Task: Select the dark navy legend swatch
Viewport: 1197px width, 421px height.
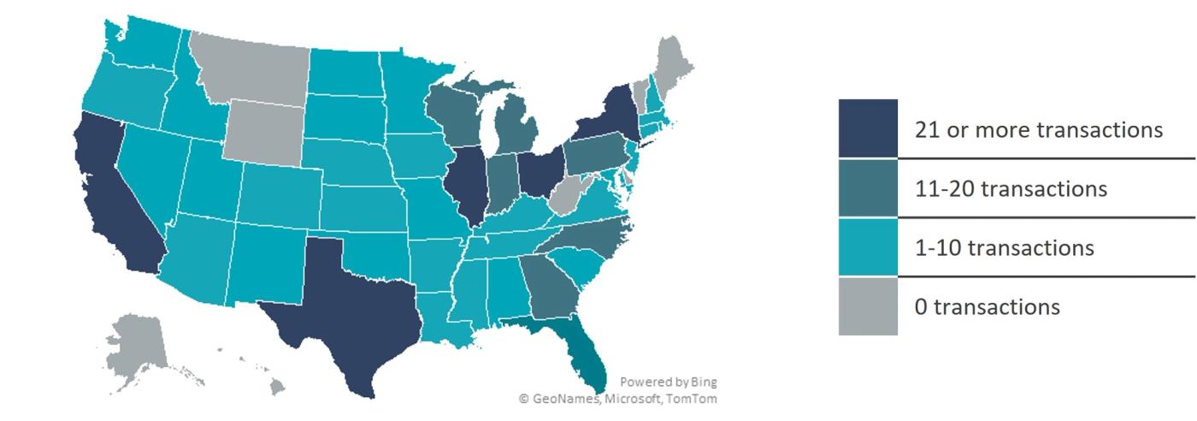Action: click(x=868, y=128)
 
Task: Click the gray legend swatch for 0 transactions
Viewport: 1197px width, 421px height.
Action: click(x=868, y=306)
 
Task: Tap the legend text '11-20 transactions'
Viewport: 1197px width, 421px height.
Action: click(x=1011, y=188)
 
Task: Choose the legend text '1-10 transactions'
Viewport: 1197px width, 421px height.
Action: click(x=1004, y=247)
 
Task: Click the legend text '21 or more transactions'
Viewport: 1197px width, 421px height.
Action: click(x=1038, y=129)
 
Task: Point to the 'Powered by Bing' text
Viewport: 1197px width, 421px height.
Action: click(x=668, y=382)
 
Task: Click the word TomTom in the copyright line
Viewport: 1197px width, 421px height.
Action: click(x=696, y=399)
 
